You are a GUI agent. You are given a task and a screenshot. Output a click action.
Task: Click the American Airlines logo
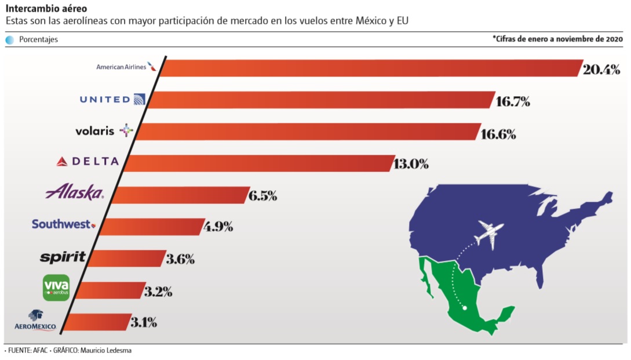coord(126,67)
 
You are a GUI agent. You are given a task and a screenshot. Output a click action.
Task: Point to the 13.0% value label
coord(411,164)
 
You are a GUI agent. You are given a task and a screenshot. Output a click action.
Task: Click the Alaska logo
coord(74,193)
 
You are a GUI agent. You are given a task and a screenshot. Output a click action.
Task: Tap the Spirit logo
coord(63,257)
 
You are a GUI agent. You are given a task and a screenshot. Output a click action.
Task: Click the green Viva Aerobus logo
coord(56,287)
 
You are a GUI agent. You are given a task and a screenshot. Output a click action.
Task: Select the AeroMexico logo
coord(35,321)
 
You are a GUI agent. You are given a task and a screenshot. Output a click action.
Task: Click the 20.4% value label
coord(601,70)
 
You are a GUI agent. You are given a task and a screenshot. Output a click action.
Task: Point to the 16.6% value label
coord(498,134)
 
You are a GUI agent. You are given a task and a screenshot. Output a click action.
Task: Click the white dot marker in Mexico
coord(464,309)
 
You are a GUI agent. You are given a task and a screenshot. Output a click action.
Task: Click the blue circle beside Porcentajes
coord(10,40)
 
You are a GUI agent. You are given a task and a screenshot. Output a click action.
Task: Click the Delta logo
coord(87,162)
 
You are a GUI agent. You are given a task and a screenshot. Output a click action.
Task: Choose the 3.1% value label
coord(144,322)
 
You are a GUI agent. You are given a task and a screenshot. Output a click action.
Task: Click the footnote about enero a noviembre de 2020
coord(557,39)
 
